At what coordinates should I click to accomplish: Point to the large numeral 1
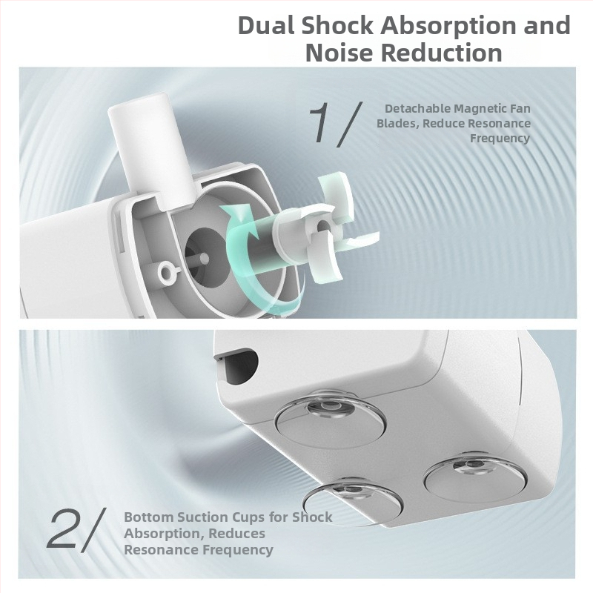pos(321,123)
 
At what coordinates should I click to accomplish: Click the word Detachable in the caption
pos(417,108)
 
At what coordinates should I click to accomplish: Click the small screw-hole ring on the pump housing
pos(168,271)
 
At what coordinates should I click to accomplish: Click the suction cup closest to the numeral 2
pos(353,500)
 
